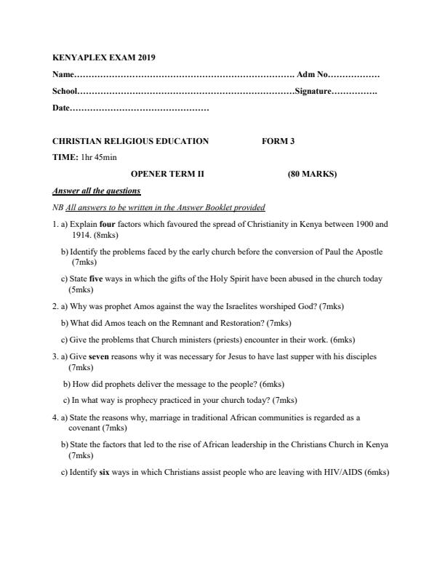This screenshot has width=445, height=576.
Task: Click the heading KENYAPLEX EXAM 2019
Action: [x=104, y=57]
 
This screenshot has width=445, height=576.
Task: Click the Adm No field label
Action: [x=313, y=75]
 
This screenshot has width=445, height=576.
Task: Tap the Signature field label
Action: [x=313, y=92]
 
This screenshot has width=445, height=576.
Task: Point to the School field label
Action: [x=65, y=92]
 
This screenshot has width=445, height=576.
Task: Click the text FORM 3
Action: [x=278, y=141]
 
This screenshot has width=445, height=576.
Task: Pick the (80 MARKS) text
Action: [x=312, y=174]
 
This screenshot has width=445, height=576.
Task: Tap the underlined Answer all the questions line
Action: [x=96, y=191]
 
